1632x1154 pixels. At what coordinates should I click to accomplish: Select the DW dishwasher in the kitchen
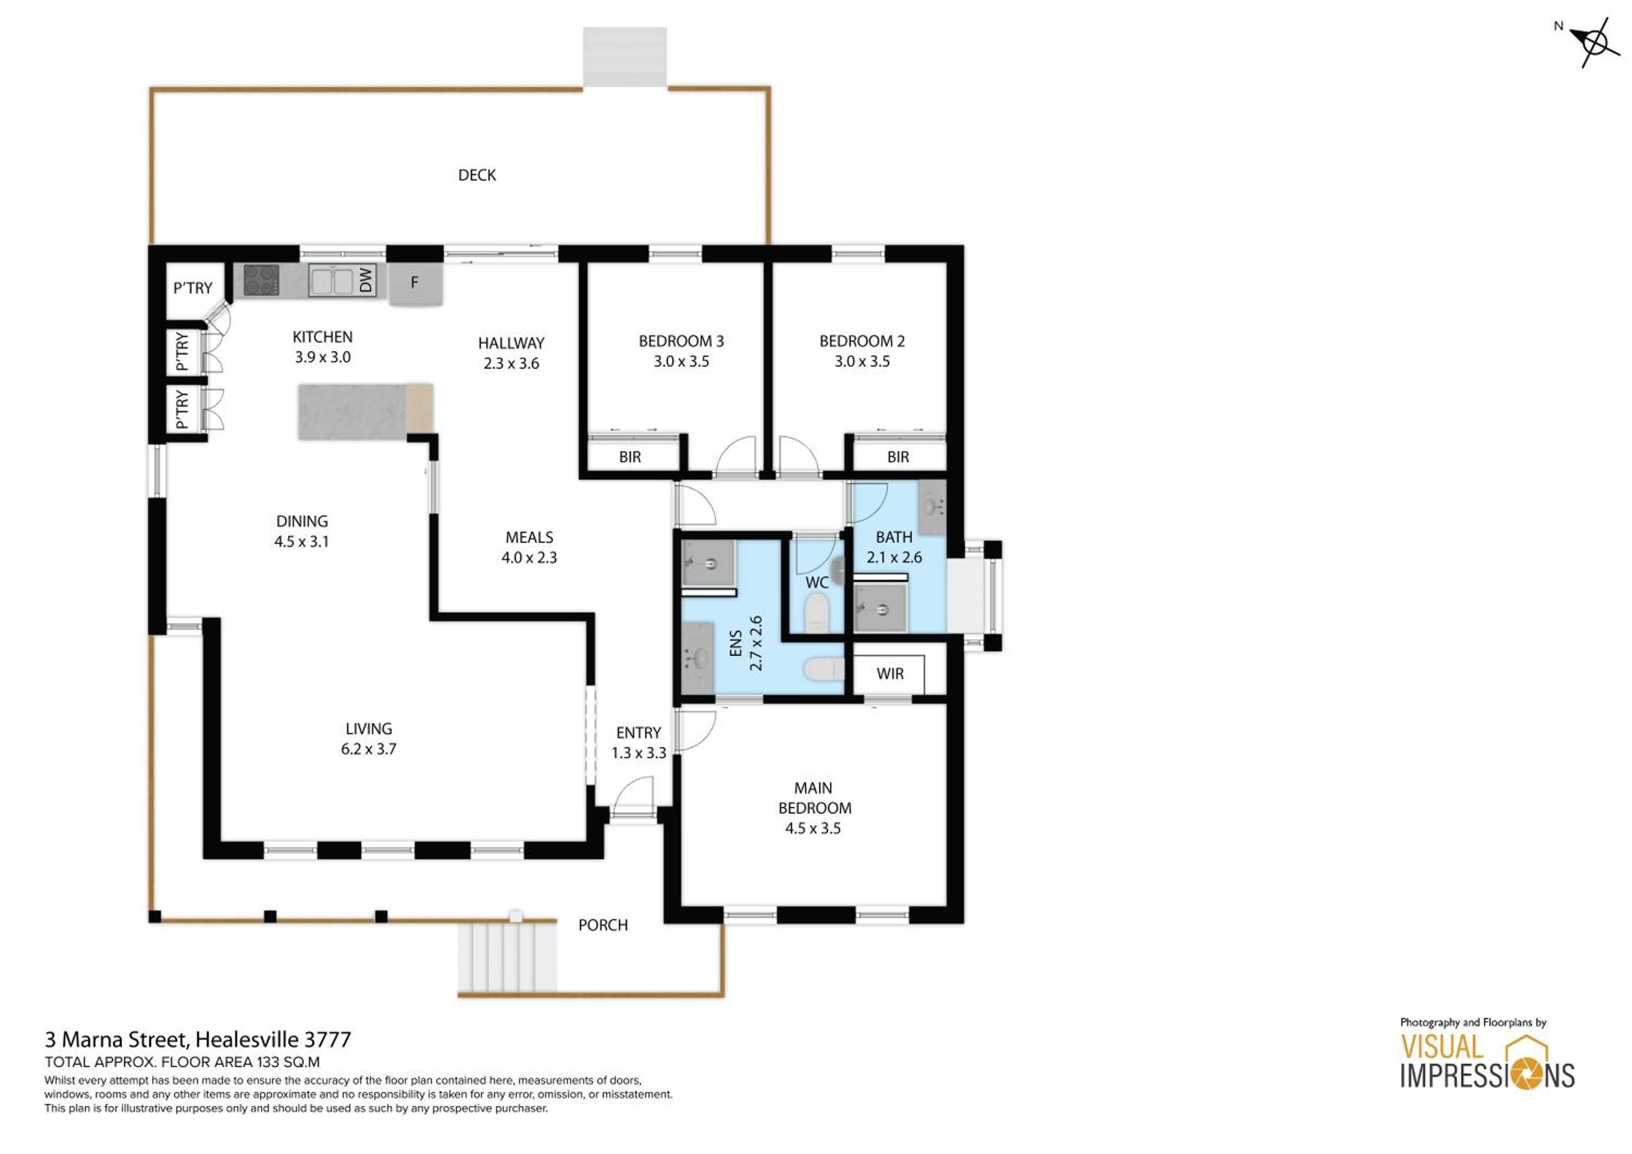(366, 280)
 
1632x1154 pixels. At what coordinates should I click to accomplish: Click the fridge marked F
(416, 283)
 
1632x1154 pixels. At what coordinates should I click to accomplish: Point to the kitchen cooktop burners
(261, 280)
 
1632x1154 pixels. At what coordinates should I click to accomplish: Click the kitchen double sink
(331, 281)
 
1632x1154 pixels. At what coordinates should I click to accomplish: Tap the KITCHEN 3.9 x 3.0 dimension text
(323, 357)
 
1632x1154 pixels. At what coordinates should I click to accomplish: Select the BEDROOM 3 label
(681, 341)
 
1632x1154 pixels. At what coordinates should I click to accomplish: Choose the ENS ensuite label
(735, 644)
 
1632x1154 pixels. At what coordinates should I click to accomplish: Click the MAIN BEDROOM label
(814, 798)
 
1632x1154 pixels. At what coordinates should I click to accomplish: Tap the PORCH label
(603, 925)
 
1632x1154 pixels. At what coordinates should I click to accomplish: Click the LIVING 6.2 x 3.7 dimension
(368, 749)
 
